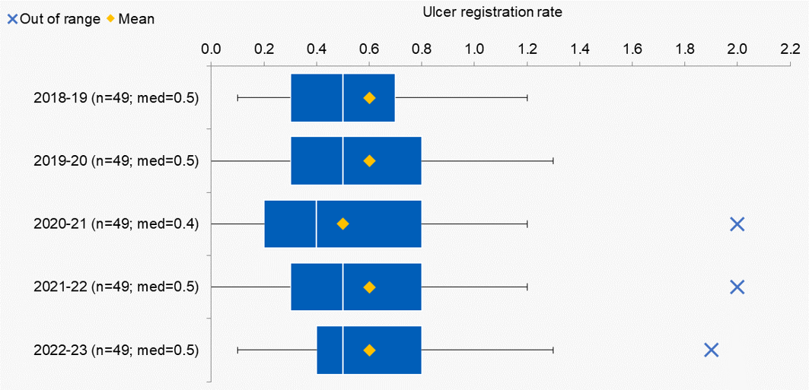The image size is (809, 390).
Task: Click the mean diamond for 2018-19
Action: coord(369,98)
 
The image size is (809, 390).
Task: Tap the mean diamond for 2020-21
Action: coord(342,224)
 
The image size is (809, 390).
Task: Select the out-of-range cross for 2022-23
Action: coord(711,350)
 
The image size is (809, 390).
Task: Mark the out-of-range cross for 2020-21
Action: coord(737,224)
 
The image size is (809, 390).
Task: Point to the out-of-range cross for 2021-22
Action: coord(737,287)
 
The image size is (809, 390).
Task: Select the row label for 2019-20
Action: coord(116,161)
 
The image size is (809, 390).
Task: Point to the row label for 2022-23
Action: coord(116,350)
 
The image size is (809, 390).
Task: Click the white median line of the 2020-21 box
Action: coord(317,224)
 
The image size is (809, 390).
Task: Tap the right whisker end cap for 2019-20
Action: coord(553,160)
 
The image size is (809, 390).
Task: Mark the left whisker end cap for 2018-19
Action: coord(238,98)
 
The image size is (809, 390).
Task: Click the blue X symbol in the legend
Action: coord(12,19)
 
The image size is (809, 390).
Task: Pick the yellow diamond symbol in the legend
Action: coord(110,19)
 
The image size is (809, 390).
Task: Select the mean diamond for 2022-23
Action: coord(369,350)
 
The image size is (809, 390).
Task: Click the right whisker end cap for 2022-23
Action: coord(553,350)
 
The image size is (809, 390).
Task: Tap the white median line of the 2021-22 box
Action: coord(342,287)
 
